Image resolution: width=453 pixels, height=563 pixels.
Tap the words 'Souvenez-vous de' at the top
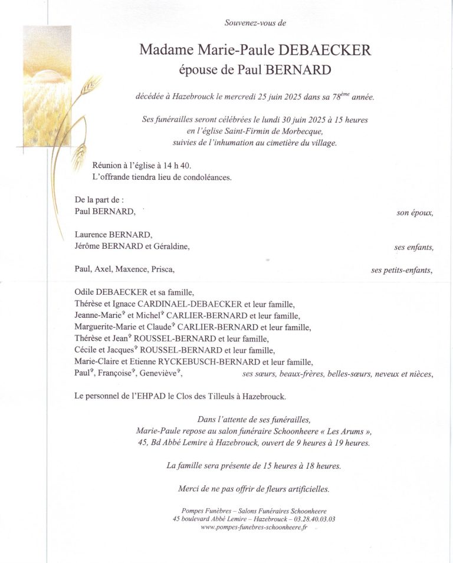point(255,23)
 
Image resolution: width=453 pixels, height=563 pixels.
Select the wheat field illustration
point(47,88)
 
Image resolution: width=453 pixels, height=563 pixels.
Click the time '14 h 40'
point(177,167)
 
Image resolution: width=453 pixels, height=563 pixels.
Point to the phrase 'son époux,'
point(415,213)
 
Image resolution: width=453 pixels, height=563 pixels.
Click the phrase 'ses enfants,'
point(413,248)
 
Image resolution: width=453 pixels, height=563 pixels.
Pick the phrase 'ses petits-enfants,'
point(402,270)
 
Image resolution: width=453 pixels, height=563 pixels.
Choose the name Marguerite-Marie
point(104,327)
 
